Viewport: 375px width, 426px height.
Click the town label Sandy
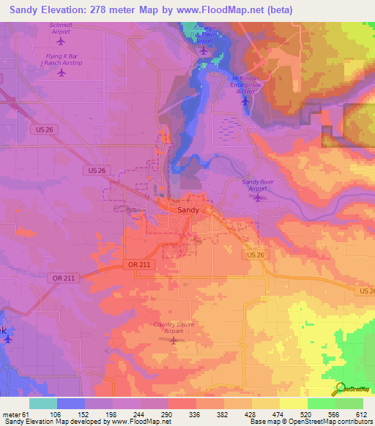tap(188, 209)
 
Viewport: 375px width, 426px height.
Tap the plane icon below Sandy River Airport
tap(257, 198)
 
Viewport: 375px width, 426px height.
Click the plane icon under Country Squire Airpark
tap(174, 339)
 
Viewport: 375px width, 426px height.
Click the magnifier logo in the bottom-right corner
tap(340, 389)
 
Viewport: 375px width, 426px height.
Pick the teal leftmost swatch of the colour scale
tap(42, 404)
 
